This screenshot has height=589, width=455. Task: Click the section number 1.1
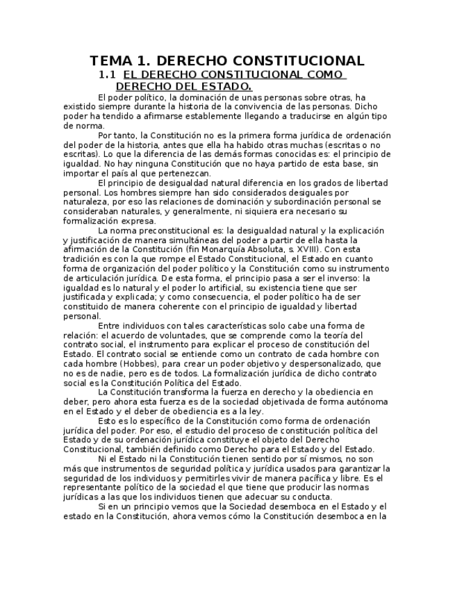[x=107, y=74]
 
